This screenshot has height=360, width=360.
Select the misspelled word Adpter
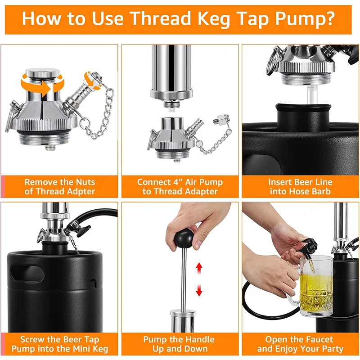tap(81, 192)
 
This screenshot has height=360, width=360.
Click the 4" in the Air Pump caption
tap(176, 182)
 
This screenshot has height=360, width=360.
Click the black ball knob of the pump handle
tap(184, 238)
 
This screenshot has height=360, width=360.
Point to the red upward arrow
tap(199, 268)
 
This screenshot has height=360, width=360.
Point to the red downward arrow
tap(199, 290)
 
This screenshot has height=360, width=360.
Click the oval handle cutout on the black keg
tap(27, 274)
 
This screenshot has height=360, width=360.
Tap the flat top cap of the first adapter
tap(42, 72)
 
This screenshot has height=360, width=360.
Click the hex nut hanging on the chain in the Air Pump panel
tap(221, 120)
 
